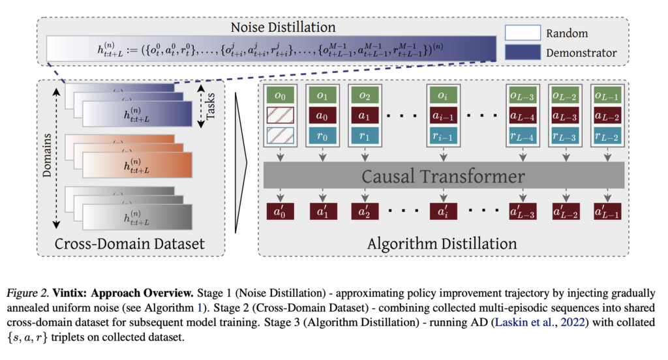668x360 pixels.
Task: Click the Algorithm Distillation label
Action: pos(442,245)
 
